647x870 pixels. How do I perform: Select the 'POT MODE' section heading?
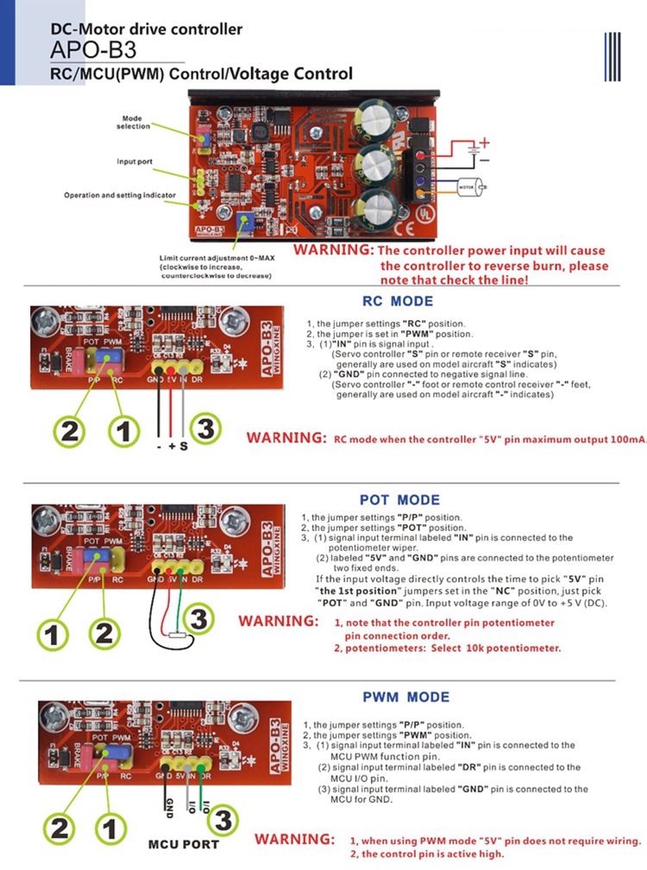pos(399,500)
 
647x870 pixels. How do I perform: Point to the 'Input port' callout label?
pos(135,161)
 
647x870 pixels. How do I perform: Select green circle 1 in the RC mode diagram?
pos(122,430)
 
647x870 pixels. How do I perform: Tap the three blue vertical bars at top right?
pos(613,57)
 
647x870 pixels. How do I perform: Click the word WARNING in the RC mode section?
pos(285,437)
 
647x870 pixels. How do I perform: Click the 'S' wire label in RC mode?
pos(185,446)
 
